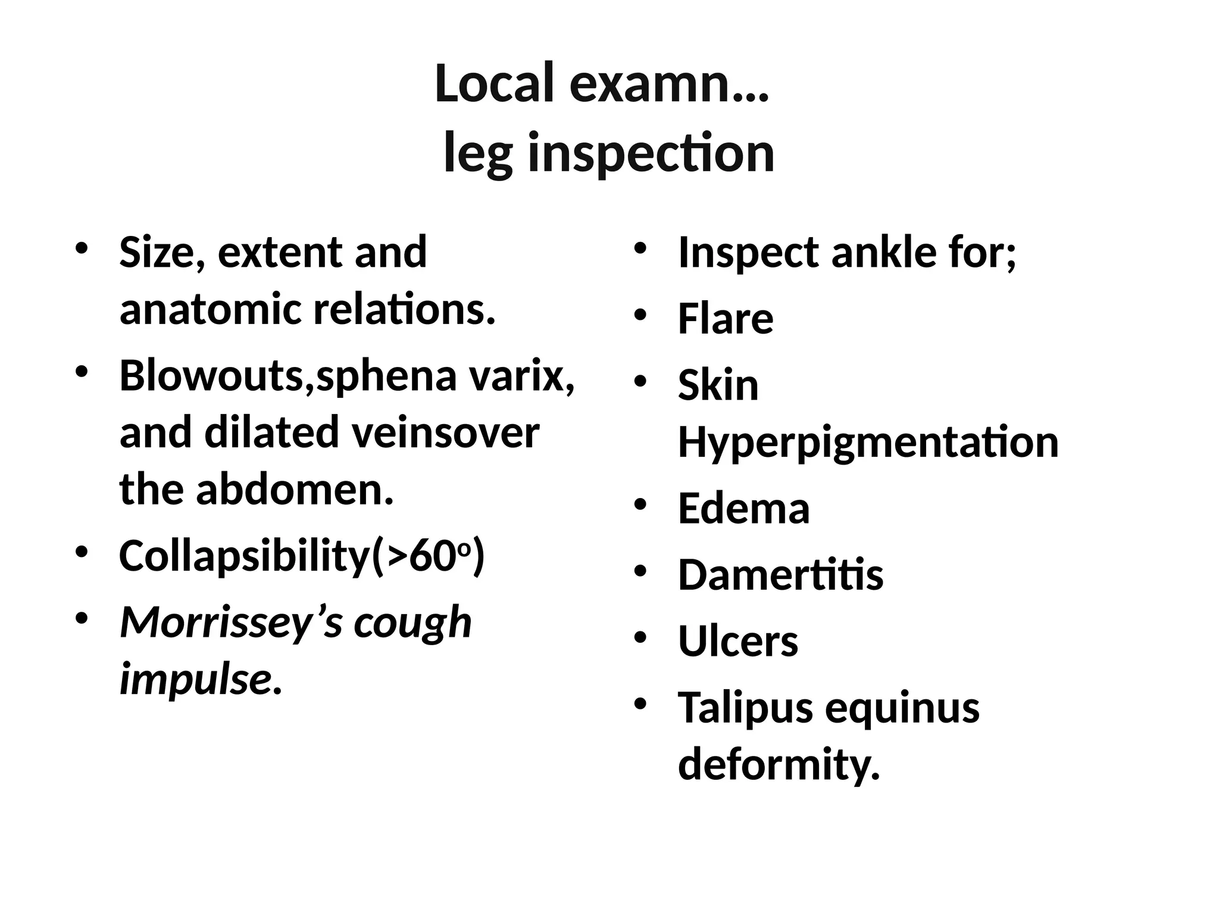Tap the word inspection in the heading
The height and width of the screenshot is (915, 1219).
tap(651, 154)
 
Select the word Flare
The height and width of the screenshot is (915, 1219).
tap(726, 319)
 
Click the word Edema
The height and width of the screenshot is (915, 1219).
tap(743, 509)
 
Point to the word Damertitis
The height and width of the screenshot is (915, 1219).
tap(780, 575)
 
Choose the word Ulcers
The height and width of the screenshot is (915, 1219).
tap(738, 642)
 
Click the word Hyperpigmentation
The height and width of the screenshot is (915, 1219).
tap(868, 443)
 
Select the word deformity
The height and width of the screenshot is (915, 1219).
tap(778, 765)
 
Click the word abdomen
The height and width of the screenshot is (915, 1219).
tap(295, 490)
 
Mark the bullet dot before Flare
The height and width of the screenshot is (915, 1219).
tap(640, 316)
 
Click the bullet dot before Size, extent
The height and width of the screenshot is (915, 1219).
tap(82, 248)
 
